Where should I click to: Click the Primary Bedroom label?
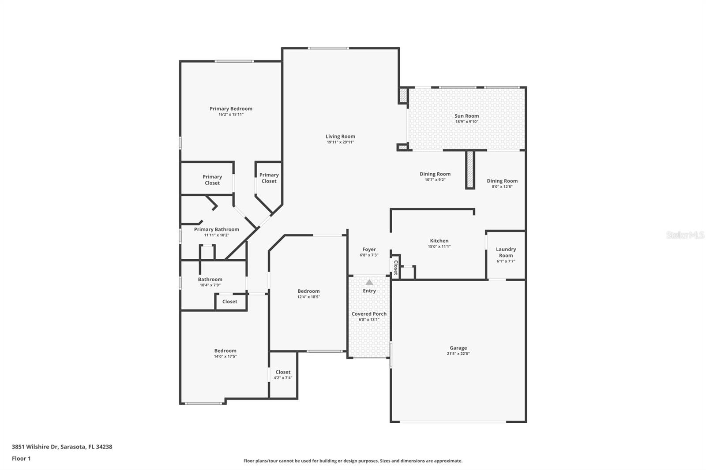(x=231, y=108)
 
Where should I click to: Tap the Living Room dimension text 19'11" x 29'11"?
(x=340, y=142)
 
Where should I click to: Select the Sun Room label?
(x=466, y=116)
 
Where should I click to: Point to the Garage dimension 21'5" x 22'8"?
(x=458, y=354)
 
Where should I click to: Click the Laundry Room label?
(x=506, y=252)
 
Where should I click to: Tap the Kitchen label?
(x=439, y=241)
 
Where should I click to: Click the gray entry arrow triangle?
(x=369, y=282)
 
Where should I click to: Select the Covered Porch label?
(x=369, y=314)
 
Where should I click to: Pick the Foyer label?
(x=369, y=250)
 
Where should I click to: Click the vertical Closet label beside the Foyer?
(x=396, y=268)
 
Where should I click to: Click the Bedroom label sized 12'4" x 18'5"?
(x=308, y=291)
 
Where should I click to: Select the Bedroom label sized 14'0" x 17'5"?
(x=225, y=351)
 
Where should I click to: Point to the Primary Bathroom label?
(x=216, y=229)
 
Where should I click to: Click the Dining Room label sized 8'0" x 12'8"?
(x=502, y=181)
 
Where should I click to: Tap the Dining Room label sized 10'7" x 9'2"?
(x=435, y=174)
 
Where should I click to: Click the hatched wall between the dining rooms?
(x=470, y=169)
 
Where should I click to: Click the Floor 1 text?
(x=21, y=459)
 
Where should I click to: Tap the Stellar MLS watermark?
(x=685, y=235)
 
